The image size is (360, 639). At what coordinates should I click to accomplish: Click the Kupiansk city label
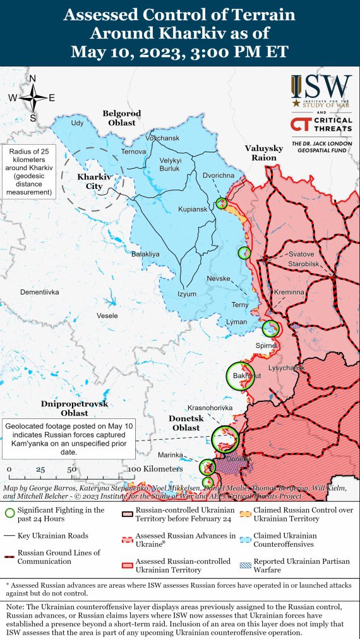193,226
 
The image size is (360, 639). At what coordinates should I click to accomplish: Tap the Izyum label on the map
186,294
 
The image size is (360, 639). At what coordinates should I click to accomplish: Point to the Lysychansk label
287,368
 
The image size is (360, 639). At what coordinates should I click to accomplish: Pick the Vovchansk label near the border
162,138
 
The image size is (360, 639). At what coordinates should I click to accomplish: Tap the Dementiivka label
39,292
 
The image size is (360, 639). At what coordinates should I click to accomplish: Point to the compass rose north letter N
33,78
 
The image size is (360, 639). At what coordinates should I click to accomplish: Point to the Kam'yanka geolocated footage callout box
71,438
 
